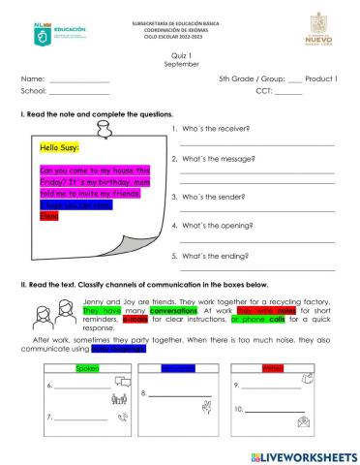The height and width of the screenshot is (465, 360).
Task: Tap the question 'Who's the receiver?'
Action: [211, 129]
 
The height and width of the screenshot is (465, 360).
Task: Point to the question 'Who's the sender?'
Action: [208, 197]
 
